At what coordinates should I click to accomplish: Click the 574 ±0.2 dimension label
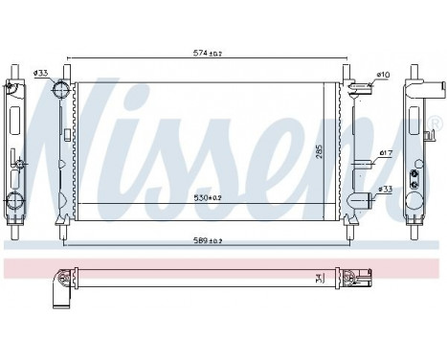coord(201,54)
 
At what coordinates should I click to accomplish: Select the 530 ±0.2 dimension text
coord(203,197)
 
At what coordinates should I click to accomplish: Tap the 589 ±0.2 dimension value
coord(203,243)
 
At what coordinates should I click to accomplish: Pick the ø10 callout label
coord(383,75)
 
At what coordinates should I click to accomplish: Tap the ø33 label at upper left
coord(41,74)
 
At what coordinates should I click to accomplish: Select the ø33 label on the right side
coord(385,190)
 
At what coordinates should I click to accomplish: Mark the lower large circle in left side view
coord(14,200)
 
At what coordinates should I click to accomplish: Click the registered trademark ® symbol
coord(433,124)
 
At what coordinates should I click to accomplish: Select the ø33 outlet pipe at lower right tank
coord(359,201)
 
